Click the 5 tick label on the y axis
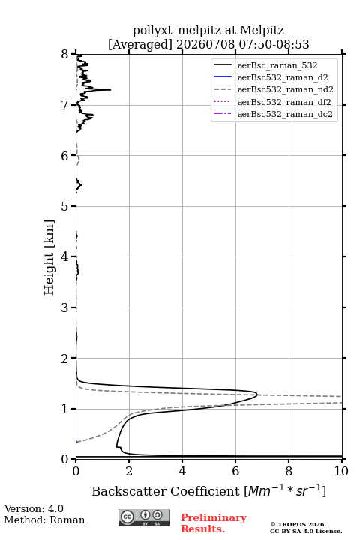coord(65,206)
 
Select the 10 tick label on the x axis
coord(341,471)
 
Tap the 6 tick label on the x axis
coord(235,471)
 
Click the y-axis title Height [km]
coord(49,257)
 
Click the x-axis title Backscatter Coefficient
coord(165,491)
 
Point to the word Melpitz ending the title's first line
coord(262,31)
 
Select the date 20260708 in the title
coord(205,44)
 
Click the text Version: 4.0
coord(34,508)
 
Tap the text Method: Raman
coord(44,520)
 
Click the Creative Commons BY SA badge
coord(144,518)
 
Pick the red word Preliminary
coord(214,518)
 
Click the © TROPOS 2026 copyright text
coord(298,525)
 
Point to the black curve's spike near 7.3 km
coord(110,89)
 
